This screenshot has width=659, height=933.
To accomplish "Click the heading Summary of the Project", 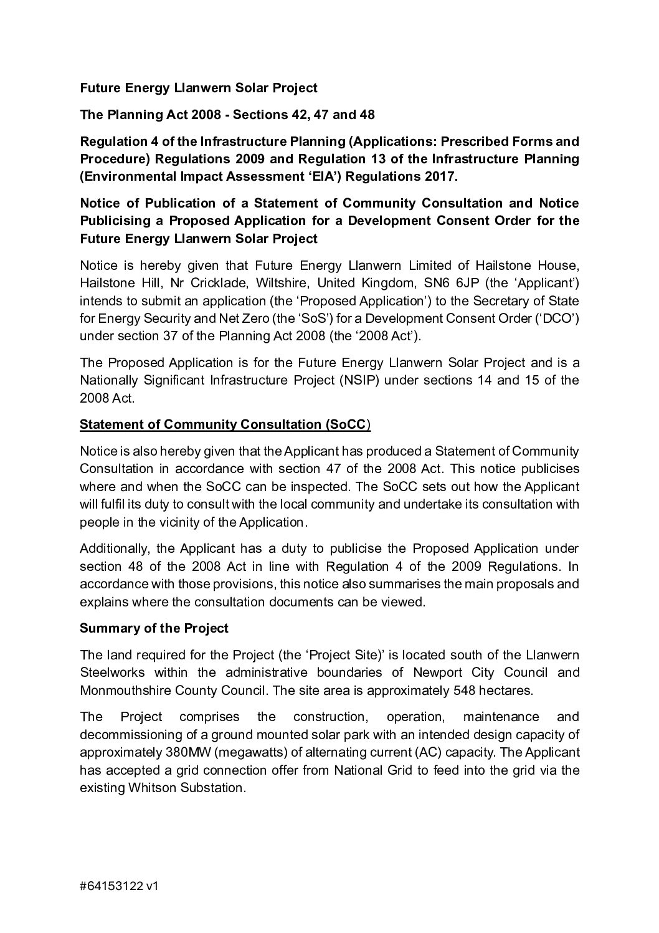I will pyautogui.click(x=154, y=628).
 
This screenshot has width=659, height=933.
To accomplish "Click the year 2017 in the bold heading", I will pyautogui.click(x=439, y=176).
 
